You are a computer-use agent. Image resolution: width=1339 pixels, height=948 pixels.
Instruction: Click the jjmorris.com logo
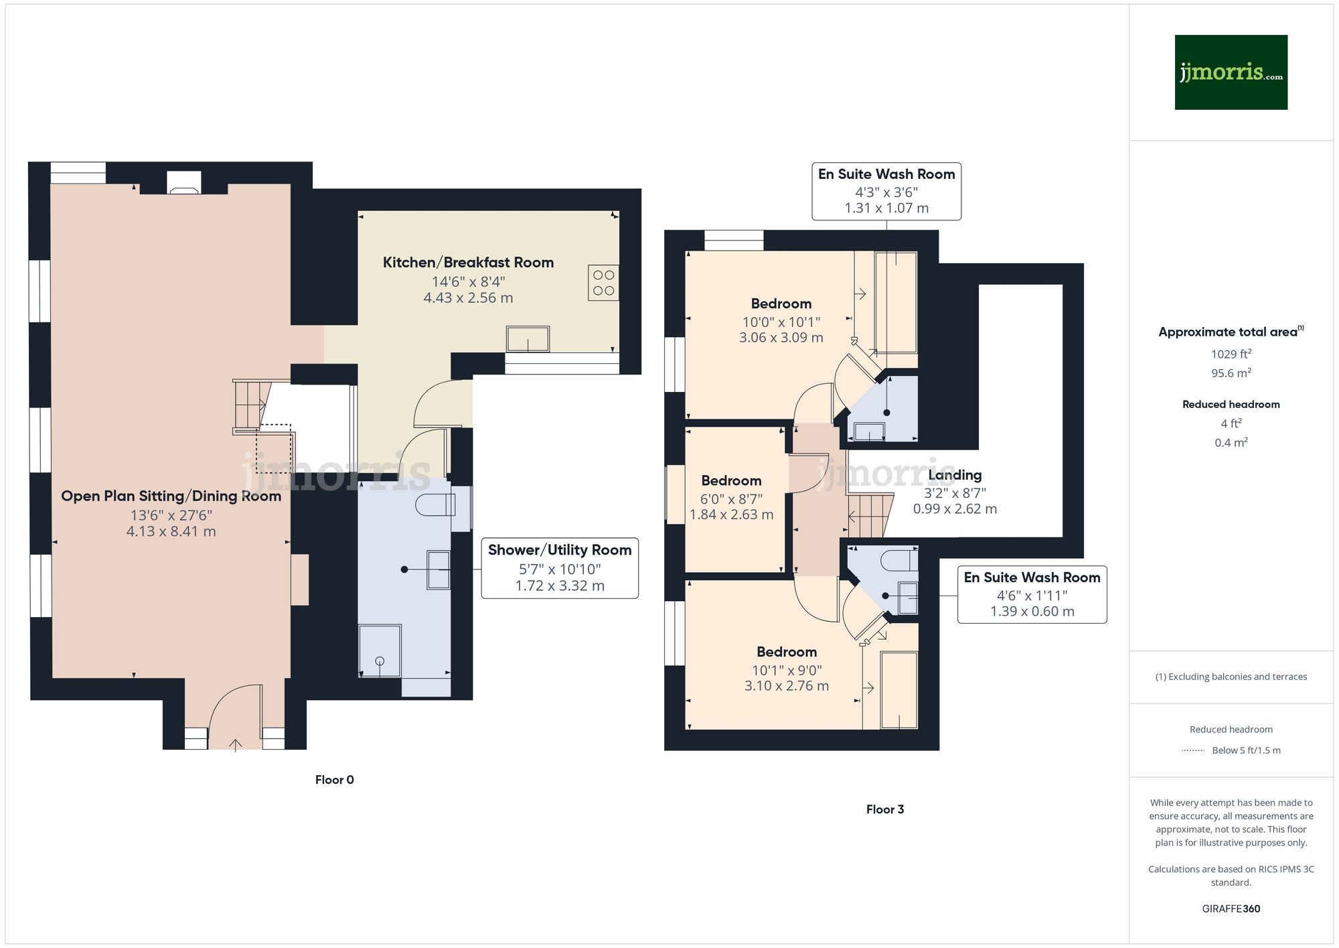point(1231,72)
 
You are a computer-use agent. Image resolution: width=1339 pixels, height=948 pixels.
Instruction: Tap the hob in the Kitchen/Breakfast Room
point(603,283)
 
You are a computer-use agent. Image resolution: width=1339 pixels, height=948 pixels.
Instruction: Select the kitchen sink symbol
point(528,339)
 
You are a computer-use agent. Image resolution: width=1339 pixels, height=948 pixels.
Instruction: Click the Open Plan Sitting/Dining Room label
point(171,496)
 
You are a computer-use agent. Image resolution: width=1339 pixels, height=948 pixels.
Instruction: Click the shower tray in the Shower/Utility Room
point(380,651)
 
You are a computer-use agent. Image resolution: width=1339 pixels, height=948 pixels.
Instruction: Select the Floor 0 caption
point(334,780)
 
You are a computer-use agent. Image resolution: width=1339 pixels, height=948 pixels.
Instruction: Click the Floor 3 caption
point(884,809)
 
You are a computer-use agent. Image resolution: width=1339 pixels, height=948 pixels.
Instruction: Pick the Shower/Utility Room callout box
point(560,568)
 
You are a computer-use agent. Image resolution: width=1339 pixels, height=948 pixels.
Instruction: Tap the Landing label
point(955,475)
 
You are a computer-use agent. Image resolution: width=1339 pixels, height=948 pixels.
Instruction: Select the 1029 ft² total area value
point(1231,354)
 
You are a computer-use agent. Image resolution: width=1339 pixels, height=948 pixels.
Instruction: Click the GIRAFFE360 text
point(1231,908)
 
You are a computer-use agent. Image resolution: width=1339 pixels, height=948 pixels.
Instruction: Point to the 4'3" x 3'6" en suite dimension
point(886,192)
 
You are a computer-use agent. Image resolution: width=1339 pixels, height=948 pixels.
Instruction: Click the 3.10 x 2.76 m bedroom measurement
point(786,686)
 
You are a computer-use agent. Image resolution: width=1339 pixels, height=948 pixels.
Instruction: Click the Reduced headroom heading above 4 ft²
point(1231,404)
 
